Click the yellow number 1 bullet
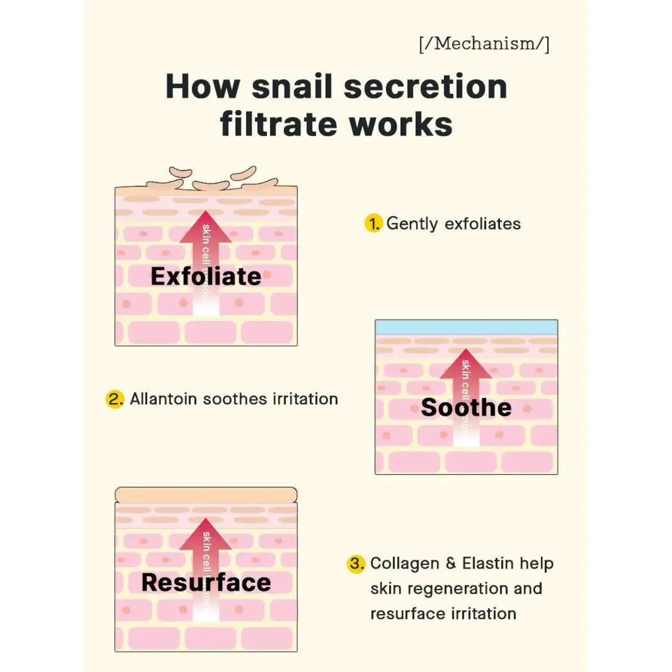(373, 224)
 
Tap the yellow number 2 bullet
(115, 399)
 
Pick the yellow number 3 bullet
(356, 564)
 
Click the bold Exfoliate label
(206, 277)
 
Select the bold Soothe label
(466, 407)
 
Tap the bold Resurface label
(206, 582)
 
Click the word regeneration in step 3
(457, 589)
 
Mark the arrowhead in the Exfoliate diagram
(206, 228)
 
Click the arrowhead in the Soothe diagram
(466, 365)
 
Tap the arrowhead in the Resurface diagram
(206, 535)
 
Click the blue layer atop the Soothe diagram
(466, 327)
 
